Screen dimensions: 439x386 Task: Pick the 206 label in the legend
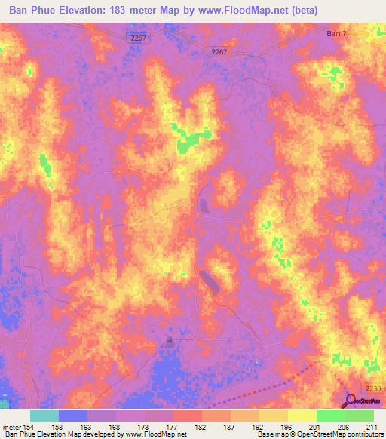(344, 426)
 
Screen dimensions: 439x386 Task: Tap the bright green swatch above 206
(330, 416)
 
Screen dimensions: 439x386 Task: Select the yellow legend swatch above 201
(302, 416)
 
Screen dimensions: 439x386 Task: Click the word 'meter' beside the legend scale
(11, 426)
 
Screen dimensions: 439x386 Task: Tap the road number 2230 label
(373, 388)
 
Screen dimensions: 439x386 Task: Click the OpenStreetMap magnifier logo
(350, 401)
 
